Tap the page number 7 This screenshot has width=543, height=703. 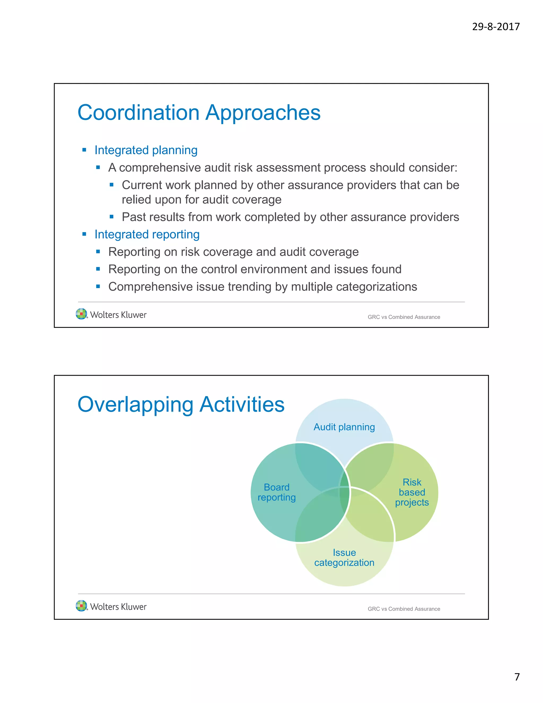(517, 677)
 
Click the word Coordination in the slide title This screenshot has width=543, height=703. (139, 113)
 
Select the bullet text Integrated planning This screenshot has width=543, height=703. (146, 150)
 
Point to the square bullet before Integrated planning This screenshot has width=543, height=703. (84, 150)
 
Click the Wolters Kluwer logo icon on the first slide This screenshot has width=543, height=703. (81, 314)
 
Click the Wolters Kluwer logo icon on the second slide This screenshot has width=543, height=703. (81, 606)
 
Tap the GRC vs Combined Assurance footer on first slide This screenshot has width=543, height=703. (404, 317)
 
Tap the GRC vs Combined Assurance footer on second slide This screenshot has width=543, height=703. (404, 609)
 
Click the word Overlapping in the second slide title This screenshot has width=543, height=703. (135, 405)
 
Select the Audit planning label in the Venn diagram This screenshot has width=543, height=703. (344, 427)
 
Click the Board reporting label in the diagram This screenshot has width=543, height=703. (276, 492)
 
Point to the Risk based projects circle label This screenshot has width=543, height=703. (412, 492)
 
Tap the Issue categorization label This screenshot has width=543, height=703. (344, 558)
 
